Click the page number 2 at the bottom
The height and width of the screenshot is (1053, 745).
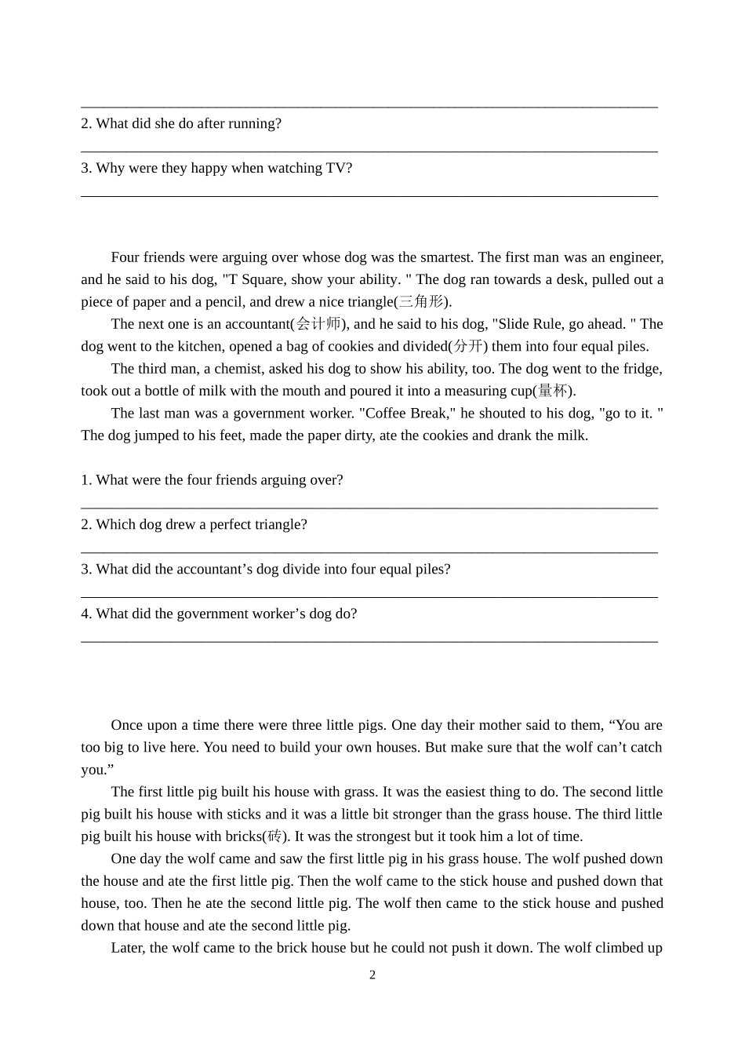pos(372,975)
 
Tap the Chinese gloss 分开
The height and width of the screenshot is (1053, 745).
pos(469,347)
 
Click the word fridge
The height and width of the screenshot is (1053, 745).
pos(642,369)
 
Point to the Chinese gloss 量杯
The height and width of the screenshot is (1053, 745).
pos(553,392)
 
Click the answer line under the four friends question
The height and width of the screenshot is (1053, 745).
pos(369,506)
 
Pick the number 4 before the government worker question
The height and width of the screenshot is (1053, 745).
pos(85,614)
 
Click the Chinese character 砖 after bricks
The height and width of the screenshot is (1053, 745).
pos(274,836)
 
